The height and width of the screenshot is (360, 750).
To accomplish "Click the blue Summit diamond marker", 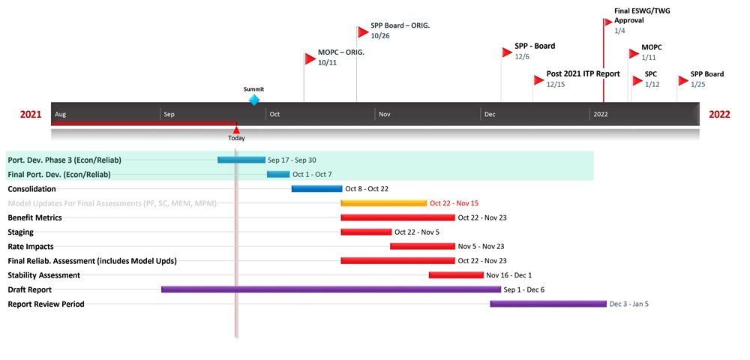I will tap(253, 100).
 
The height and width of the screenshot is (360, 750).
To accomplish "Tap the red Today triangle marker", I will tap(236, 130).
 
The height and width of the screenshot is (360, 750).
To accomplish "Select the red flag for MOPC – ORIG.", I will tap(310, 58).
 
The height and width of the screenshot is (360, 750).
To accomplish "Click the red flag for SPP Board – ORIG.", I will tap(363, 31).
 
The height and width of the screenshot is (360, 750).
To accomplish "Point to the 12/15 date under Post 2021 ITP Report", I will tap(556, 85).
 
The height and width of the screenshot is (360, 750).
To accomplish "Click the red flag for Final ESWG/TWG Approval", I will tap(609, 22).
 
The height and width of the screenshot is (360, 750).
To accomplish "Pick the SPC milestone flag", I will tap(637, 80).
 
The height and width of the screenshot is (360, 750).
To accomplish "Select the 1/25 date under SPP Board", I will tap(698, 85).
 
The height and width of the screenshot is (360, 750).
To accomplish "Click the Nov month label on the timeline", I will tap(385, 115).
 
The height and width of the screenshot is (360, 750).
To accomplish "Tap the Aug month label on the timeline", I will tap(61, 115).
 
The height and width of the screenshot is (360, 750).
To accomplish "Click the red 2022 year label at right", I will tap(718, 115).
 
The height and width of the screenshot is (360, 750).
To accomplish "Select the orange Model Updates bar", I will tap(383, 203).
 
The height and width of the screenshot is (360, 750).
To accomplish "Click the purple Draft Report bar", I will tap(331, 289).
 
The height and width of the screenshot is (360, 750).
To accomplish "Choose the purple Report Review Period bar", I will tap(547, 304).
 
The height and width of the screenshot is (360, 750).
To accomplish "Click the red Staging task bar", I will tap(366, 232).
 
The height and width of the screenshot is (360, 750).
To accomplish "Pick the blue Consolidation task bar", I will tap(316, 189).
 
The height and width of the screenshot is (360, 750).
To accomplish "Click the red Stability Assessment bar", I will tap(456, 275).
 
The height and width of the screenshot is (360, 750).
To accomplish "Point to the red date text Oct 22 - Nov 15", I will tap(454, 203).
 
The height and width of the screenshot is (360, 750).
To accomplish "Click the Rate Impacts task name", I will tap(31, 247).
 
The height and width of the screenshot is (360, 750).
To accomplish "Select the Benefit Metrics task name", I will tap(34, 217).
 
